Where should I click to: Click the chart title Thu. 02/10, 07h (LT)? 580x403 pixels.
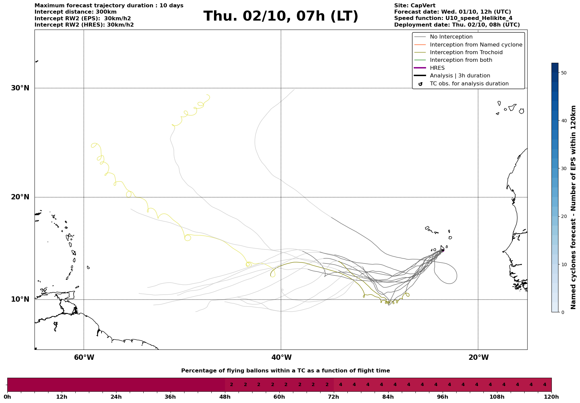click(x=281, y=16)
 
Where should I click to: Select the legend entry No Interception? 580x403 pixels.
click(x=451, y=37)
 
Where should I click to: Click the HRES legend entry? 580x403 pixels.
click(x=437, y=68)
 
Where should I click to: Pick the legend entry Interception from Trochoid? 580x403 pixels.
click(x=466, y=52)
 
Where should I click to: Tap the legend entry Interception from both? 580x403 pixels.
click(x=461, y=60)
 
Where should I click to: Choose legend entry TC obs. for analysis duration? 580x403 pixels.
click(x=469, y=84)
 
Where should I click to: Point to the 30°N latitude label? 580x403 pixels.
click(x=20, y=88)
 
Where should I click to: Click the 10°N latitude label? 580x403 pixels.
click(x=20, y=299)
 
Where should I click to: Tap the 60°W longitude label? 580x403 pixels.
click(x=84, y=357)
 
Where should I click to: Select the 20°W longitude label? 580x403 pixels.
click(x=478, y=357)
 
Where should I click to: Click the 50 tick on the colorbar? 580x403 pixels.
click(x=564, y=73)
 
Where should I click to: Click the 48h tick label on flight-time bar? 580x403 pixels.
click(x=225, y=397)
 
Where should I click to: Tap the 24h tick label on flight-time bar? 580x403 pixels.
click(x=116, y=397)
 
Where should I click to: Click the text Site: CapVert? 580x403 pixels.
click(x=414, y=6)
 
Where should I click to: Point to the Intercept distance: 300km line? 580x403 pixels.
click(x=75, y=12)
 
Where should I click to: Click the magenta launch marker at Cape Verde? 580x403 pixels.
click(x=443, y=250)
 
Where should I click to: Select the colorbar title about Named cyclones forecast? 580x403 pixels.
click(x=573, y=207)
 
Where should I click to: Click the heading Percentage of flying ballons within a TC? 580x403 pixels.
click(x=285, y=371)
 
